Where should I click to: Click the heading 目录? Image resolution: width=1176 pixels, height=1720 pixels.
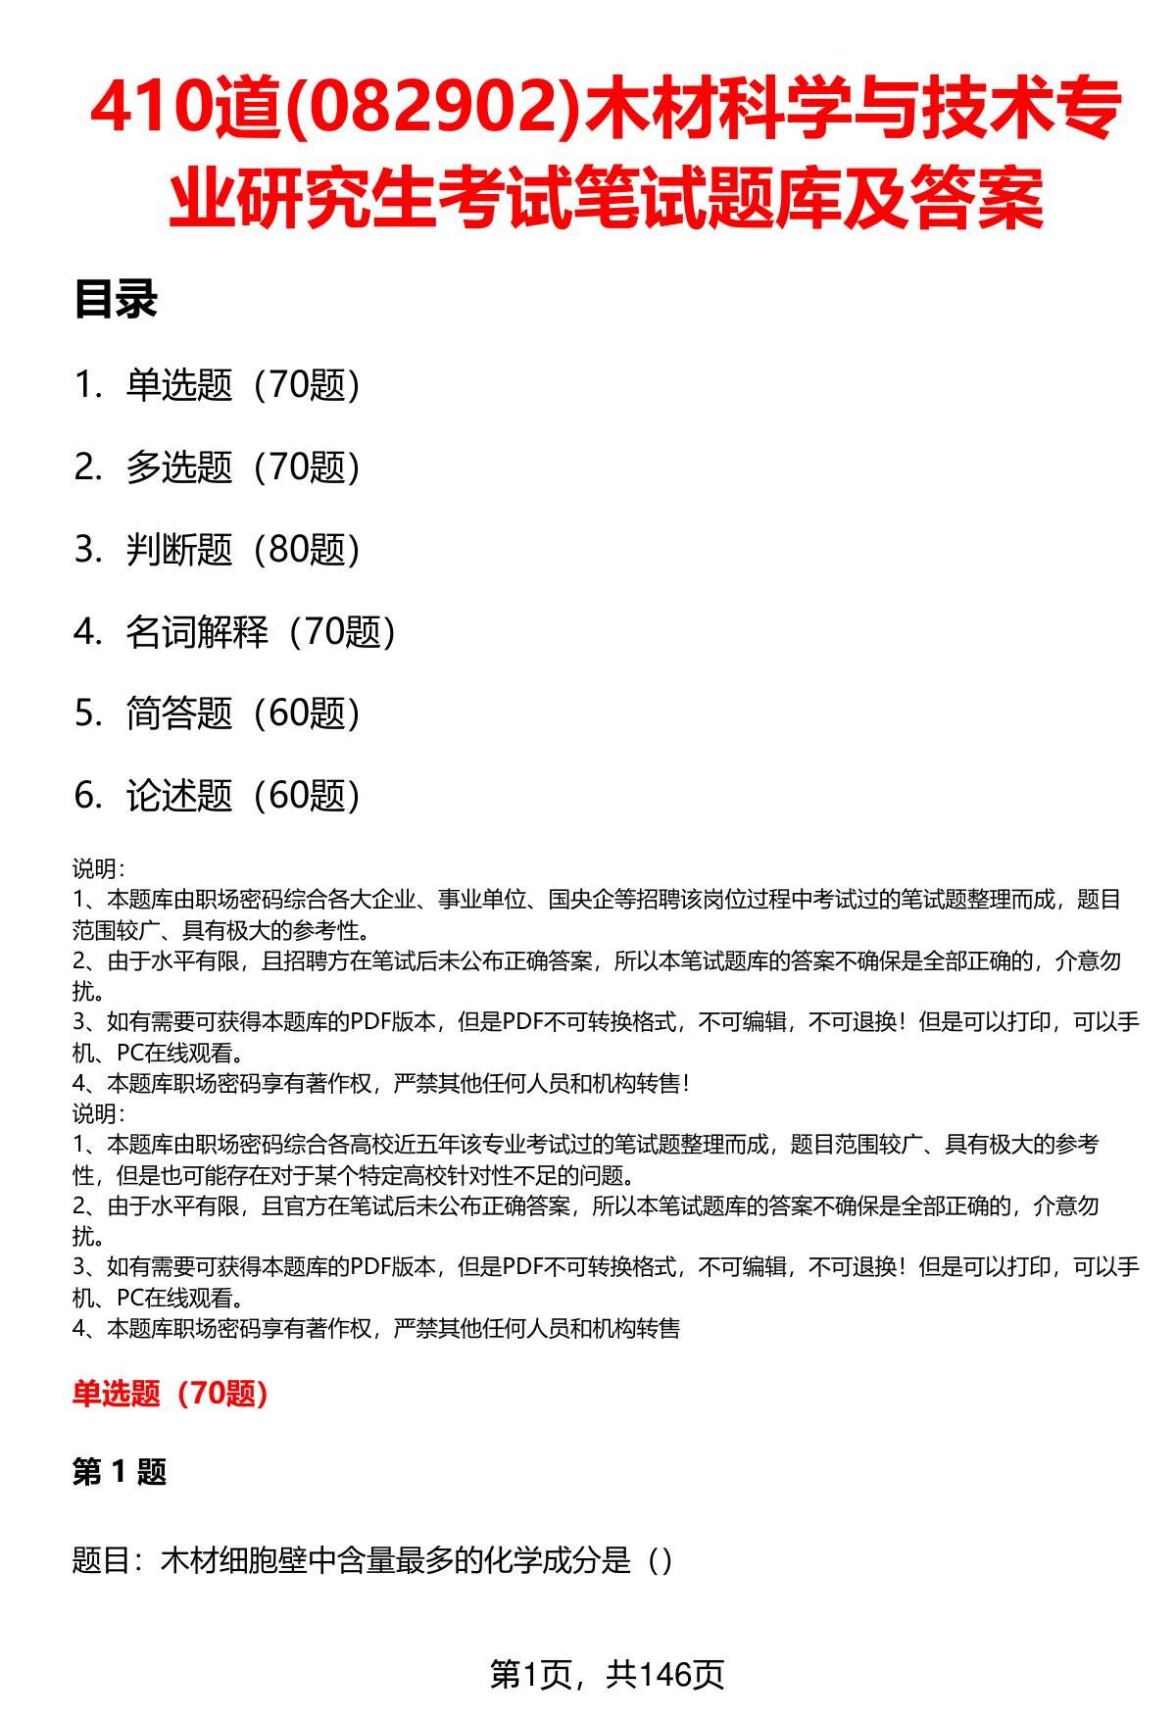click(116, 301)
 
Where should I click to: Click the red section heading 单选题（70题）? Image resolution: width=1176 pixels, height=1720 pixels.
click(171, 1393)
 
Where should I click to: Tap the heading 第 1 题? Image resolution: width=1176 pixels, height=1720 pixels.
click(120, 1471)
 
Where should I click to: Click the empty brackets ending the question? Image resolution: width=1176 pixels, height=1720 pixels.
click(661, 1559)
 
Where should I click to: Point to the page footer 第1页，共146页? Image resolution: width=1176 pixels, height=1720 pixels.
click(607, 1674)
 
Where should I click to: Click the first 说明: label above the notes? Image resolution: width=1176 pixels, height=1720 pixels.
click(98, 868)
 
